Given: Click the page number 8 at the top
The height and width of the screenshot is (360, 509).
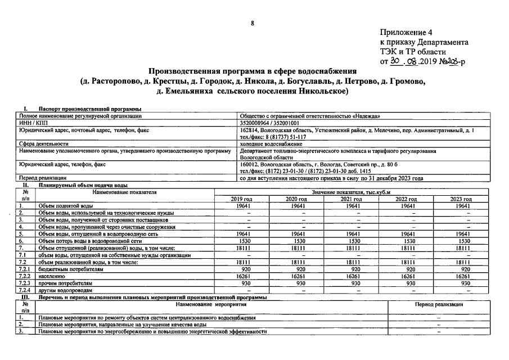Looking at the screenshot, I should coord(253,23).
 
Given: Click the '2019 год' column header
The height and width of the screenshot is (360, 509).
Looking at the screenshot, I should coord(241,199).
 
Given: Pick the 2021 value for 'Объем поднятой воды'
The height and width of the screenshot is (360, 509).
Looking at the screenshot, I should coord(352,206).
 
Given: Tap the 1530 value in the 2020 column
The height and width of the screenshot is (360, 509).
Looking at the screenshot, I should coord(296,241).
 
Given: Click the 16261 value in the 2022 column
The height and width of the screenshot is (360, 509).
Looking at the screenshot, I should coord(406,276).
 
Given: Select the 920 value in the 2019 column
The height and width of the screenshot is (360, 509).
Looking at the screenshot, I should coord(241,269).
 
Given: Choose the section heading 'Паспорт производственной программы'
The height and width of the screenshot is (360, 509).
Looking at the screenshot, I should coord(89,109).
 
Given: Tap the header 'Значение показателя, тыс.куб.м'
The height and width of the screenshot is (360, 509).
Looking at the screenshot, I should coord(351,192).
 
